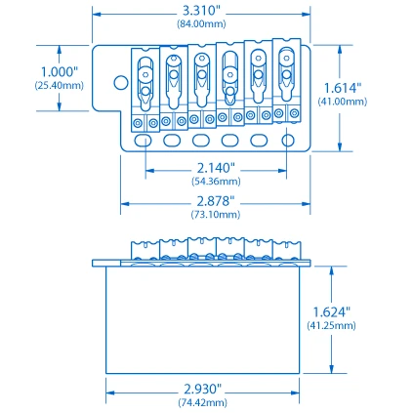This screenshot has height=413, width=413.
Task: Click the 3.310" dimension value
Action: pyautogui.click(x=202, y=11)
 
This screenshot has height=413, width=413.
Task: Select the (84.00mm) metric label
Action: pyautogui.click(x=202, y=23)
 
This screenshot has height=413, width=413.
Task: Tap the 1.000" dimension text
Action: pyautogui.click(x=57, y=71)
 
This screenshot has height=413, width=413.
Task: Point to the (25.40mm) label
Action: pyautogui.click(x=60, y=85)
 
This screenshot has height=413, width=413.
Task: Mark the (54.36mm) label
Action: pyautogui.click(x=216, y=181)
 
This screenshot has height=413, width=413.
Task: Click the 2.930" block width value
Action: pyautogui.click(x=202, y=389)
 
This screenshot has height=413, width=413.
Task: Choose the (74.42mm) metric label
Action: pyautogui.click(x=202, y=402)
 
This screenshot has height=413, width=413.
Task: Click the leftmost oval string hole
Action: pyautogui.click(x=145, y=141)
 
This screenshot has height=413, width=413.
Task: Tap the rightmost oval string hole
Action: pyautogui.click(x=288, y=141)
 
